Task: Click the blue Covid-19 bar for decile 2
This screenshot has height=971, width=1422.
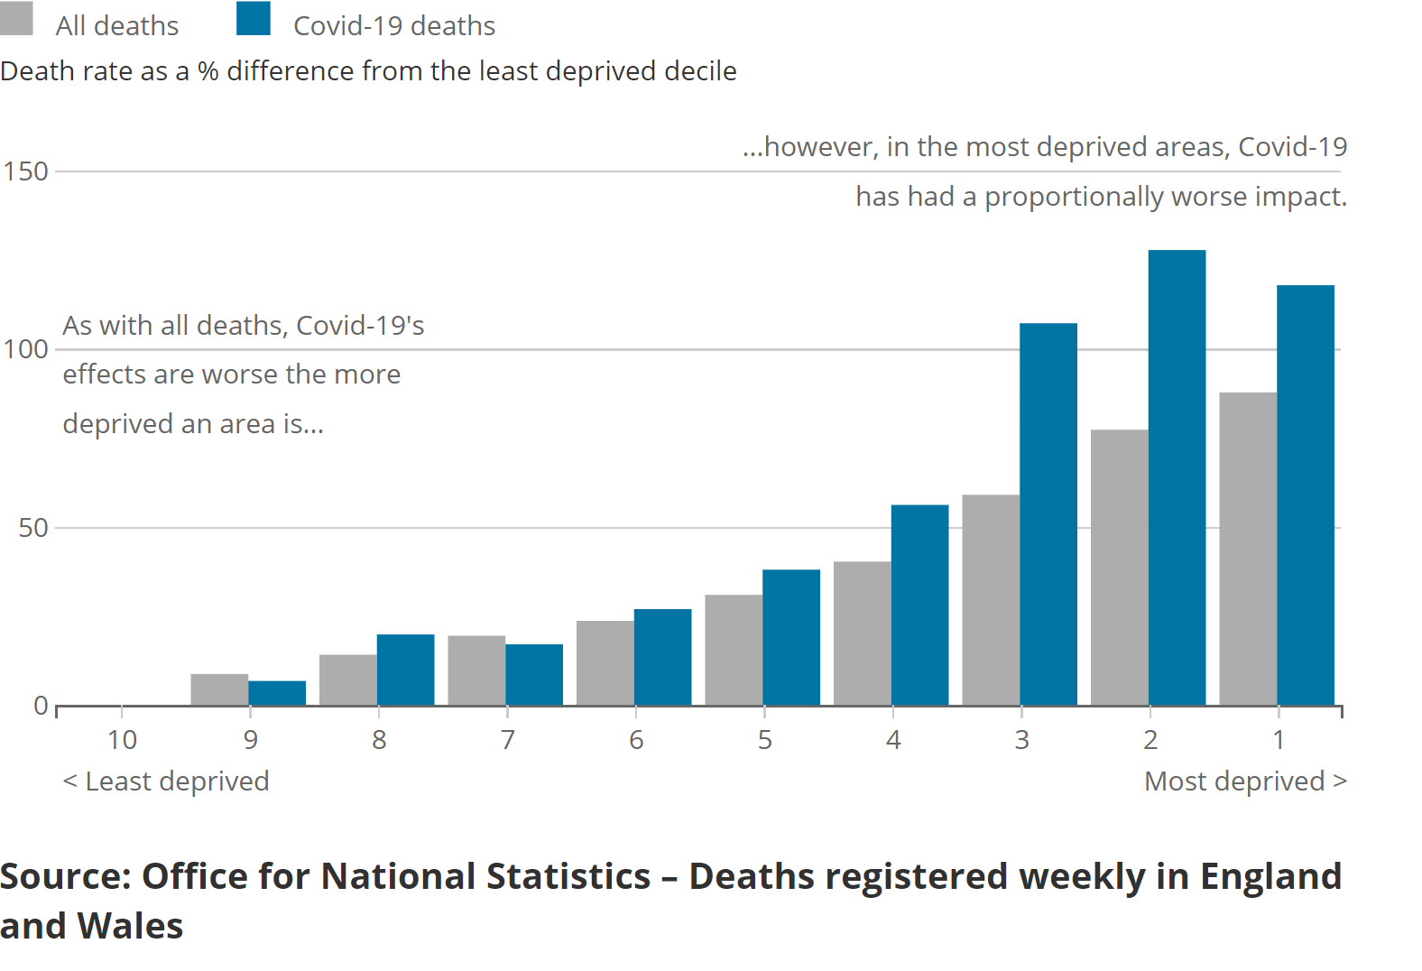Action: pyautogui.click(x=1177, y=478)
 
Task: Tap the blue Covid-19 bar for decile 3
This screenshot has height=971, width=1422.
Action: pyautogui.click(x=1048, y=514)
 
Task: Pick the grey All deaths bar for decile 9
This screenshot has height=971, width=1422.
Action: pyautogui.click(x=219, y=689)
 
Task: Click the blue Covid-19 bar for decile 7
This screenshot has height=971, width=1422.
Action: pyautogui.click(x=534, y=675)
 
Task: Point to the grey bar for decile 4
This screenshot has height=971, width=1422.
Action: pyautogui.click(x=862, y=633)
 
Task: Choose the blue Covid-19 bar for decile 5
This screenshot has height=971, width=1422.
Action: pyautogui.click(x=791, y=637)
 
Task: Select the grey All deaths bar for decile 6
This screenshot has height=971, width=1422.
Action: pyautogui.click(x=605, y=663)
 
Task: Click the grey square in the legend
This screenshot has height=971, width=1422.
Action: pyautogui.click(x=16, y=18)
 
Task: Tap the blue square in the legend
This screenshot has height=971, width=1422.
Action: pyautogui.click(x=254, y=18)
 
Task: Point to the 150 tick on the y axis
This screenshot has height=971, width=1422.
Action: pyautogui.click(x=25, y=171)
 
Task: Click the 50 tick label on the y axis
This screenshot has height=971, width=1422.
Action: pyautogui.click(x=33, y=528)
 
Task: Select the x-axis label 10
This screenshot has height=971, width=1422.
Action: pyautogui.click(x=122, y=740)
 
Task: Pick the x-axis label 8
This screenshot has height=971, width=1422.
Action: pyautogui.click(x=379, y=740)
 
